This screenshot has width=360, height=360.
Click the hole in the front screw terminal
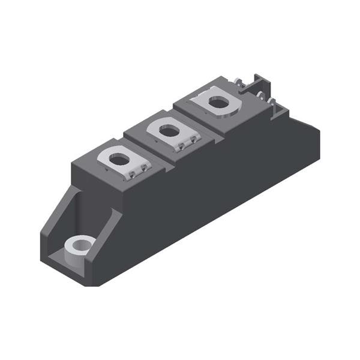[120, 160]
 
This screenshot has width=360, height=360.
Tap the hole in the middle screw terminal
[170, 130]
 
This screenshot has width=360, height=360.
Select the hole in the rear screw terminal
[219, 103]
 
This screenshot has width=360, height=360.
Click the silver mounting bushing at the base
[80, 244]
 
